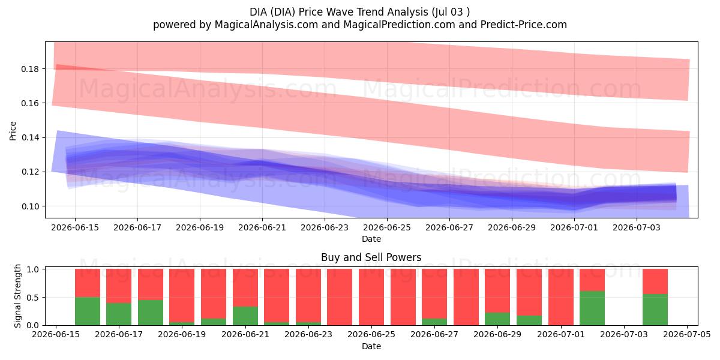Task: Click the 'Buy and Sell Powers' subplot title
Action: pyautogui.click(x=371, y=257)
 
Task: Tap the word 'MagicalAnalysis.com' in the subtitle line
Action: pyautogui.click(x=266, y=25)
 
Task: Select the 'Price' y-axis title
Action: pyautogui.click(x=13, y=131)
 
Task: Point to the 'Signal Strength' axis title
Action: pyautogui.click(x=17, y=296)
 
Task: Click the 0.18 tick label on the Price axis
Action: pyautogui.click(x=30, y=69)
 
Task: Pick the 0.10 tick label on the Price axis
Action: pyautogui.click(x=30, y=206)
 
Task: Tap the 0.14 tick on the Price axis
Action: pyautogui.click(x=30, y=137)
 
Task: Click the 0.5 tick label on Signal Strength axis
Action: pyautogui.click(x=33, y=298)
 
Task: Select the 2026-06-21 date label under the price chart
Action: pyautogui.click(x=262, y=227)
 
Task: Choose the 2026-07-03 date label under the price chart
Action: pyautogui.click(x=637, y=227)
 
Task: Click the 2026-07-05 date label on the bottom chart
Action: pyautogui.click(x=687, y=335)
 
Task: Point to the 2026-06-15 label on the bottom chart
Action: pyautogui.click(x=56, y=335)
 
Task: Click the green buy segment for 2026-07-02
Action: pyautogui.click(x=592, y=308)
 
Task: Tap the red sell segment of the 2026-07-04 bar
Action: pyautogui.click(x=655, y=281)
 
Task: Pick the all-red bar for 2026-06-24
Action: pyautogui.click(x=340, y=297)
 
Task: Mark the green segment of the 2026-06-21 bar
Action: pyautogui.click(x=245, y=316)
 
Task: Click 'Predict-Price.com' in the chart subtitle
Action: pyautogui.click(x=524, y=25)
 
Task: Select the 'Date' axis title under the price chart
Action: pyautogui.click(x=371, y=239)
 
